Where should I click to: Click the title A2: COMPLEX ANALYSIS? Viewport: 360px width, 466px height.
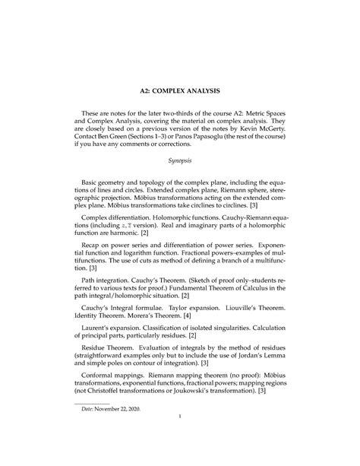[x=180, y=90]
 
